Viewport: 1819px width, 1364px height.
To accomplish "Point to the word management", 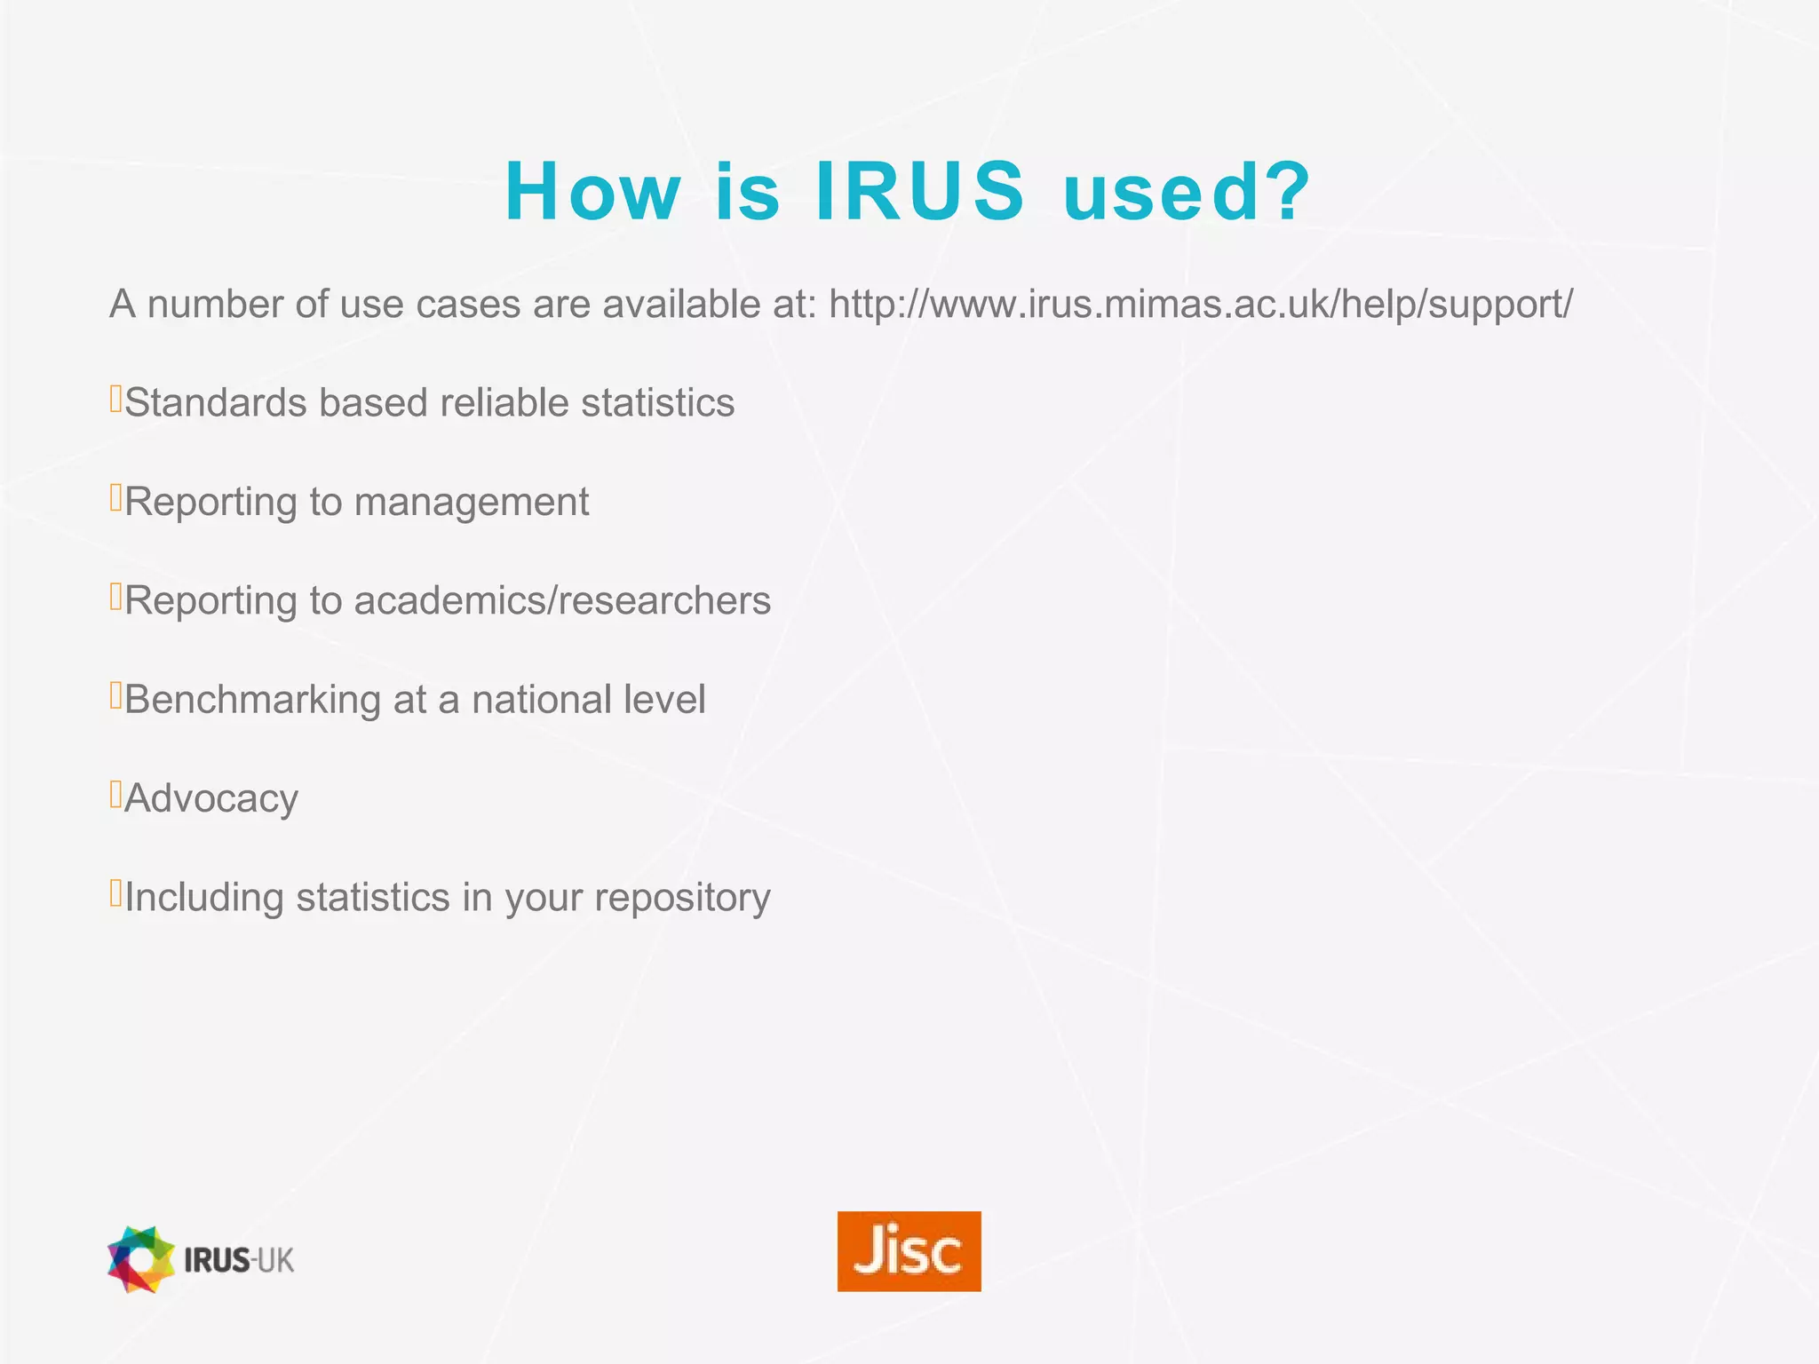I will coord(471,503).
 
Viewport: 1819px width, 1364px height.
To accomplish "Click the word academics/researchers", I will coord(562,600).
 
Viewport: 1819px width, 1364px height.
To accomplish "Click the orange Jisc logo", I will coord(909,1250).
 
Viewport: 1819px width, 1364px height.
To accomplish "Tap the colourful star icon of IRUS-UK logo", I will coord(140,1259).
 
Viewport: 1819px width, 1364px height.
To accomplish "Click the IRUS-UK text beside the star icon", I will coord(239,1260).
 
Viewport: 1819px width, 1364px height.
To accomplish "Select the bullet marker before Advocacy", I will coord(115,794).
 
